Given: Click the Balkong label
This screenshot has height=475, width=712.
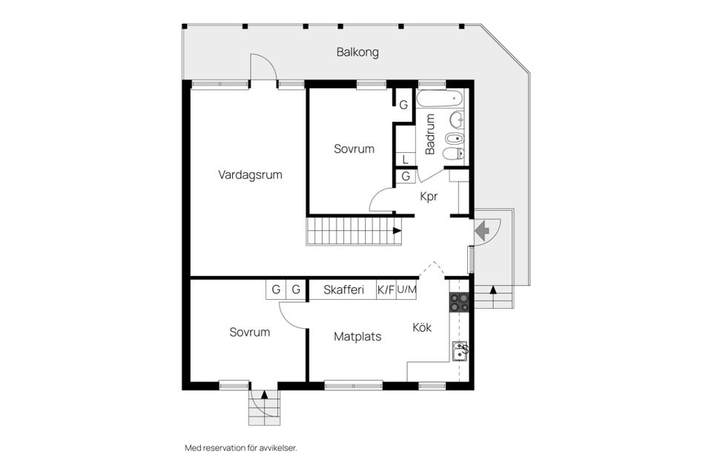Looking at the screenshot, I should point(357,53).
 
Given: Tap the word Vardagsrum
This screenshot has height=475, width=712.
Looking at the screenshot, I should point(250,175).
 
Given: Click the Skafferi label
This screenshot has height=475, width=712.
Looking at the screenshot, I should point(343,290).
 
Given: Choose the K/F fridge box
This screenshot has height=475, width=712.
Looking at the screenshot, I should point(386,290).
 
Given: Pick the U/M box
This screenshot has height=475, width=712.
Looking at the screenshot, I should point(406,290).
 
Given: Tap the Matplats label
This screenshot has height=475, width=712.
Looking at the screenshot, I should point(357,337).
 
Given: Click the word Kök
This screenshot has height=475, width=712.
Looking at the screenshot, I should point(422,327).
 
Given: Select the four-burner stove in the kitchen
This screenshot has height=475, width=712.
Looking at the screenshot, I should point(460,303).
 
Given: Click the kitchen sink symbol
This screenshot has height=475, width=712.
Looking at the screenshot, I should point(461,350).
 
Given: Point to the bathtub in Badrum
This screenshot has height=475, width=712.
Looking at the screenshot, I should point(440,99).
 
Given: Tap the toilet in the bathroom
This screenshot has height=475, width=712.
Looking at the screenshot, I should point(452,154).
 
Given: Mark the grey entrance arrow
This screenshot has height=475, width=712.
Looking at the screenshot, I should point(482,231).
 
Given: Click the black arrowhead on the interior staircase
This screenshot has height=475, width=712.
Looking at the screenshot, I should point(397,231).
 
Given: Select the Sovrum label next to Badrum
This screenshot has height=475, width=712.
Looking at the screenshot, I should point(354,149).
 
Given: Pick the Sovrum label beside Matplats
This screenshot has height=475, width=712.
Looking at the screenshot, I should point(249,332).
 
